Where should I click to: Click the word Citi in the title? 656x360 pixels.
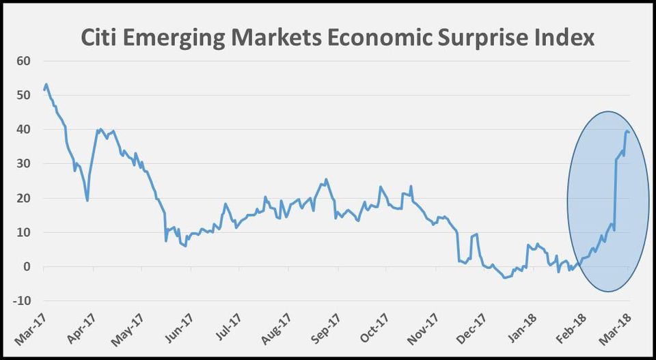pos(102,38)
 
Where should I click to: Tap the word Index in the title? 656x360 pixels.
pos(562,38)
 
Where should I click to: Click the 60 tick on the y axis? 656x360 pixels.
pos(25,61)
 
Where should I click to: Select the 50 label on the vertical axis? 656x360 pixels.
pos(25,95)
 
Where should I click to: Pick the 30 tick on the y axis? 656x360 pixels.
pos(25,164)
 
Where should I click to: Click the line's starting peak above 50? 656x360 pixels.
pos(46,85)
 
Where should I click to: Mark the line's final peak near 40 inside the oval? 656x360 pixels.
pos(627,131)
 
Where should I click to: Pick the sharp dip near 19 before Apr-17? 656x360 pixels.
pos(87,200)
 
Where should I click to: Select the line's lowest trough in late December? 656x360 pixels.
pos(505,278)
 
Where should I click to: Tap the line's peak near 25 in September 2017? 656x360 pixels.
pos(326,180)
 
